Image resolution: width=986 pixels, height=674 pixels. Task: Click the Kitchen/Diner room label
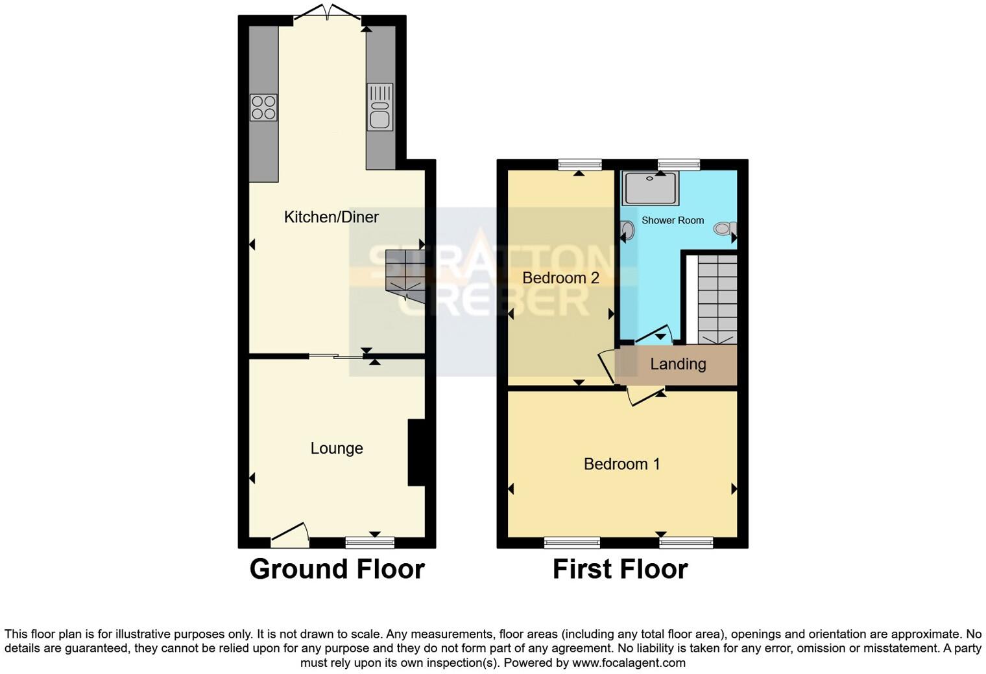point(331,217)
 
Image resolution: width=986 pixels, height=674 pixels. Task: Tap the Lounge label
point(336,448)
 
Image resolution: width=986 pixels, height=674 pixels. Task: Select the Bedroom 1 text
point(621,464)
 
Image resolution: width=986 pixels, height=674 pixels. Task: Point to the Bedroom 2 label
point(560,278)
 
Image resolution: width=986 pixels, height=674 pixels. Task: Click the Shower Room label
point(672,220)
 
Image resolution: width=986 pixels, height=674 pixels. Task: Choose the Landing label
point(678,364)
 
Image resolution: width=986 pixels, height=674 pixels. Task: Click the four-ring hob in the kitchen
point(263,108)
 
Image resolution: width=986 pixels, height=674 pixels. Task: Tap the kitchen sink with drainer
point(379,107)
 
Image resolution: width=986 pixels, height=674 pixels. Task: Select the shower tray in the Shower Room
point(650,188)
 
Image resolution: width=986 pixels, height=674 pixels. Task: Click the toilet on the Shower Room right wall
point(725,229)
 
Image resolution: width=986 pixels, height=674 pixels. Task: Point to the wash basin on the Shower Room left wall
point(627,230)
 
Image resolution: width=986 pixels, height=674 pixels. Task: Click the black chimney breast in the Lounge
point(416,452)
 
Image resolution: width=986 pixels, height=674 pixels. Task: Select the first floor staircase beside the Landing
point(717,299)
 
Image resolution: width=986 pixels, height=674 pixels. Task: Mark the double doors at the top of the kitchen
point(328,13)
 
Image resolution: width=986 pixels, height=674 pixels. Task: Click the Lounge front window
point(370,542)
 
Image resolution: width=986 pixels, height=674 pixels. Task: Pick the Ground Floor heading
point(337,569)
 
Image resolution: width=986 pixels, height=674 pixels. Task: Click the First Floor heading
point(619,569)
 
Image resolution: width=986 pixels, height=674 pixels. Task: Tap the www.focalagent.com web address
point(628,663)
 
